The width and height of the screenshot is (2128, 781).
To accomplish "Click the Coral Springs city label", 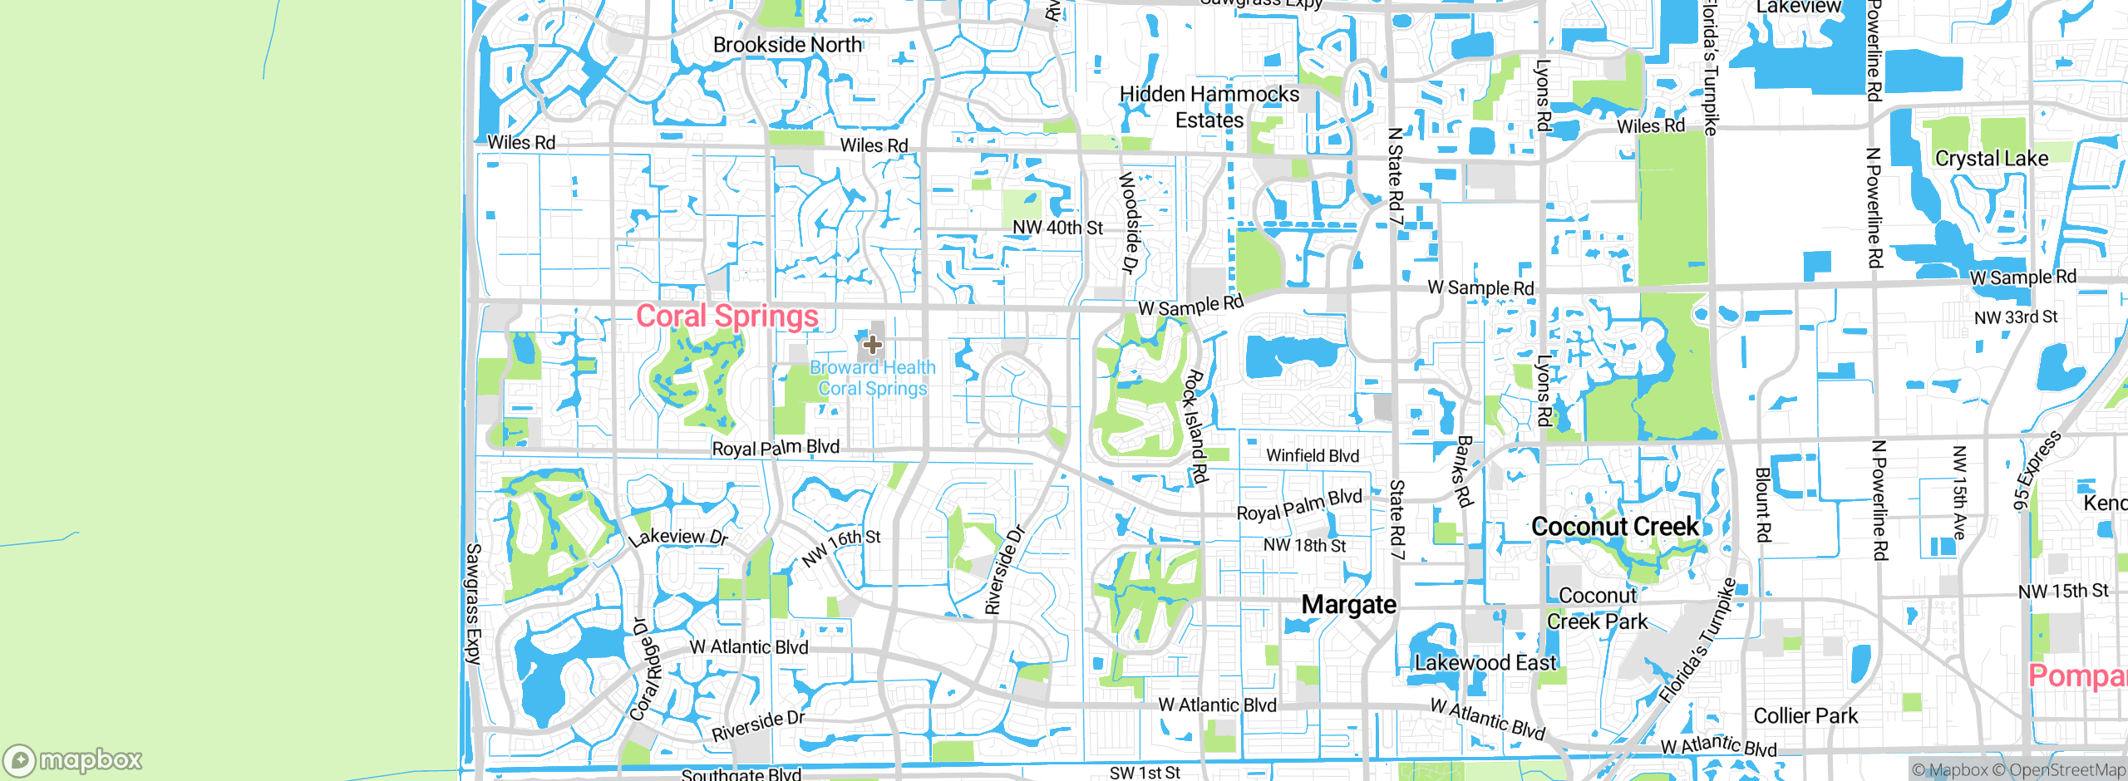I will pyautogui.click(x=727, y=317).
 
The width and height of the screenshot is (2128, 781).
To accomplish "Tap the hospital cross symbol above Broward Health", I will pyautogui.click(x=872, y=344).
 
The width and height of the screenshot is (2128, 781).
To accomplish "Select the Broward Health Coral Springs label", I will pyautogui.click(x=873, y=378).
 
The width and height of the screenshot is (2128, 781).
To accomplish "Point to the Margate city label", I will pyautogui.click(x=1348, y=605).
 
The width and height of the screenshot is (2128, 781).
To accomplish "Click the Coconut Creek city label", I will pyautogui.click(x=1614, y=527).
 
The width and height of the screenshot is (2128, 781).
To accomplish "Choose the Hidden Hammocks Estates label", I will pyautogui.click(x=1209, y=107).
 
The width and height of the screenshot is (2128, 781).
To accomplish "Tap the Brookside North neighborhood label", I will pyautogui.click(x=787, y=45).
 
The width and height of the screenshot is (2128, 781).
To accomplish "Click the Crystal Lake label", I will pyautogui.click(x=1992, y=159).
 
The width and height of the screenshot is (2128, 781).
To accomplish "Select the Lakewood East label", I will pyautogui.click(x=1485, y=663).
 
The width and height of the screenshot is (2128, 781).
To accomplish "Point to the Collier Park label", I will pyautogui.click(x=1805, y=716).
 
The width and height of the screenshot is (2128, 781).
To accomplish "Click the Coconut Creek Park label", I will pyautogui.click(x=1597, y=609).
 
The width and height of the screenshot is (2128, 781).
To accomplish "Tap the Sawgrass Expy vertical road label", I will pyautogui.click(x=473, y=604).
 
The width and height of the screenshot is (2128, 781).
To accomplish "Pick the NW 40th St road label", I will pyautogui.click(x=1057, y=228).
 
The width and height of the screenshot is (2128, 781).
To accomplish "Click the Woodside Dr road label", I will pyautogui.click(x=1128, y=222).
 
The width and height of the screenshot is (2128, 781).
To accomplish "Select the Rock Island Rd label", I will pyautogui.click(x=1195, y=426).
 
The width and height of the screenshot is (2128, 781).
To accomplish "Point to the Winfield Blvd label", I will pyautogui.click(x=1313, y=455).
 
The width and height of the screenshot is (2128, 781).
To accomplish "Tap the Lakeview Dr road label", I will pyautogui.click(x=677, y=537).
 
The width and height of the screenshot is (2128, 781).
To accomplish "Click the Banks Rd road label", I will pyautogui.click(x=1464, y=471).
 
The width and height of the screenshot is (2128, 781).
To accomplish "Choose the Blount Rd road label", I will pyautogui.click(x=1762, y=504).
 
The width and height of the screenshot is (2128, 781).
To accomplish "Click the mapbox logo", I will pyautogui.click(x=73, y=760).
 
